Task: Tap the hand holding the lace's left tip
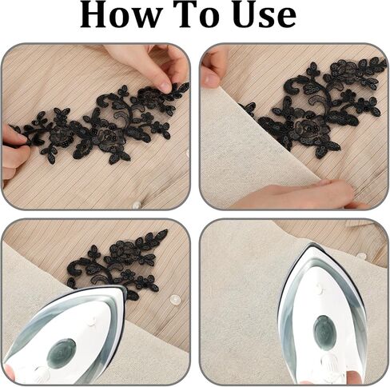(x=14, y=152)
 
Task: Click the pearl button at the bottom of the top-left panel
(x=137, y=205)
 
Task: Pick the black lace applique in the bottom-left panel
(x=117, y=264)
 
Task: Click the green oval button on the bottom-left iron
(x=62, y=353)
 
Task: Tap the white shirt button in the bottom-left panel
(x=175, y=299)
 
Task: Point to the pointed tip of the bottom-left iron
(x=125, y=288)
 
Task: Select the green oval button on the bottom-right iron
(x=324, y=331)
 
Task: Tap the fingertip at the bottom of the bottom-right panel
(x=355, y=377)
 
